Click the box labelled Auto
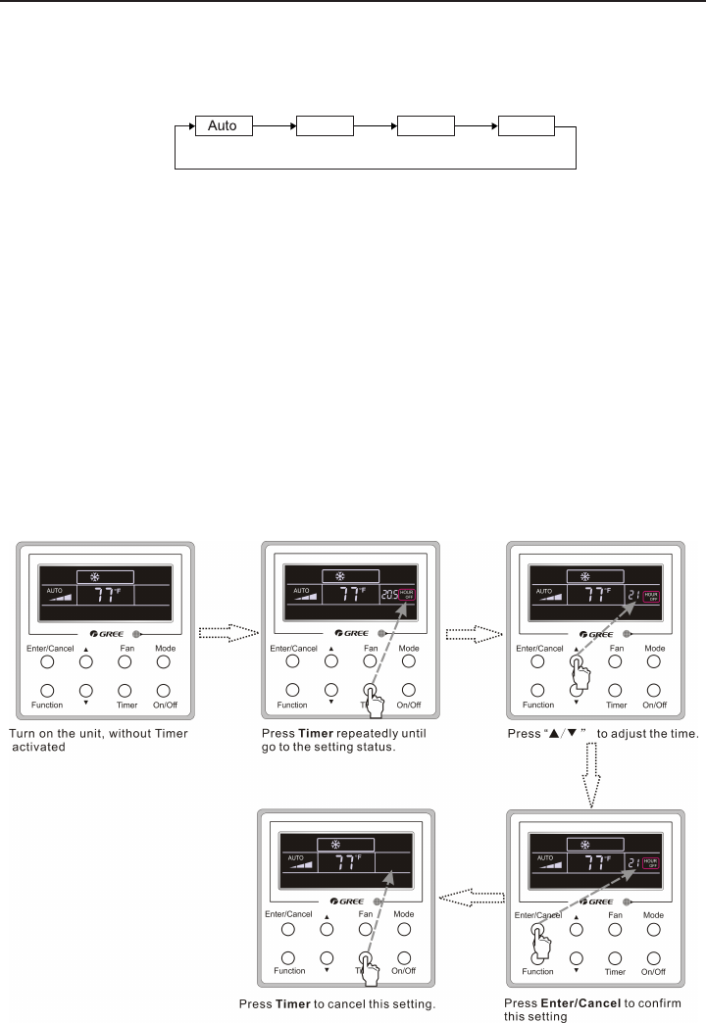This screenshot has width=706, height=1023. [223, 126]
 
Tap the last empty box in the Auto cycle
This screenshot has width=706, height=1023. [526, 126]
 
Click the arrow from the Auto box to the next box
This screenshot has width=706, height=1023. [274, 126]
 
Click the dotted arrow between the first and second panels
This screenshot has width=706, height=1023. [227, 633]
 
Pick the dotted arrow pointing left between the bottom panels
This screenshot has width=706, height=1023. [471, 895]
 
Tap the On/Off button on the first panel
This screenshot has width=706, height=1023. [164, 690]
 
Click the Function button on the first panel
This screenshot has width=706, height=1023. [47, 690]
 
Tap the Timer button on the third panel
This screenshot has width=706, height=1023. [617, 690]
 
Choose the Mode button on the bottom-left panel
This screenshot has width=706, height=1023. [403, 928]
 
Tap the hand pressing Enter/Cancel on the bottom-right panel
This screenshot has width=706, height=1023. [536, 943]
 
